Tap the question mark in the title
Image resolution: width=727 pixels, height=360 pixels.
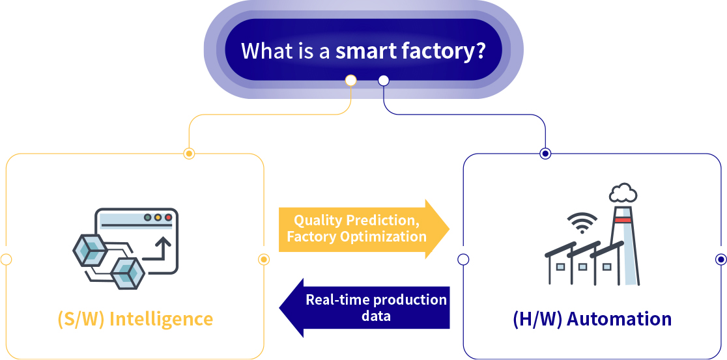tap(480, 50)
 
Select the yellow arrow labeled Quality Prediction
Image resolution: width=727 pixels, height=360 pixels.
tap(364, 229)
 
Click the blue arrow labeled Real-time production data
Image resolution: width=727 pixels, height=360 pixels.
tap(364, 308)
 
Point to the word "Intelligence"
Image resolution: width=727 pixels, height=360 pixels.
tap(162, 319)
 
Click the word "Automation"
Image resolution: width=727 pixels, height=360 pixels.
tap(619, 319)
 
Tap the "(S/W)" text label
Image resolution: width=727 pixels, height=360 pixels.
tap(81, 320)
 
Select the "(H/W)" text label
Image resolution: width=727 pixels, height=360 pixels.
tap(537, 320)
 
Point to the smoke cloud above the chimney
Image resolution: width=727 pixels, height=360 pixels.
tap(623, 193)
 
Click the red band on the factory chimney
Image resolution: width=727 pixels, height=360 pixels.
tap(623, 220)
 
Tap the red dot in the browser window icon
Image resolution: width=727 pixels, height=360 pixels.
tap(168, 217)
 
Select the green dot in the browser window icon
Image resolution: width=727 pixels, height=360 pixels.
tap(148, 217)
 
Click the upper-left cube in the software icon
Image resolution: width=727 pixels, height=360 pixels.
tap(91, 250)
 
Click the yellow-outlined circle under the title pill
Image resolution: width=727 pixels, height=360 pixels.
tap(351, 81)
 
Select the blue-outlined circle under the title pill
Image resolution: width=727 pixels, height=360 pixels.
tap(384, 81)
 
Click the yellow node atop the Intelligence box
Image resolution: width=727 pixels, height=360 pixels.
tap(189, 154)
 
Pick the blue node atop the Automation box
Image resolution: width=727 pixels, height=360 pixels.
tap(546, 154)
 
